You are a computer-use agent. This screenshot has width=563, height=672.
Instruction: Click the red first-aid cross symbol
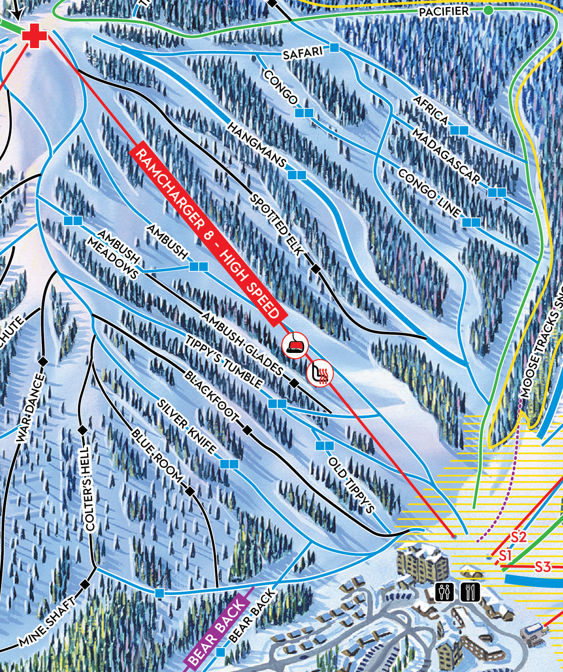click(x=35, y=35)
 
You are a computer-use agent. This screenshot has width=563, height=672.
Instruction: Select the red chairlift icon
click(x=295, y=345)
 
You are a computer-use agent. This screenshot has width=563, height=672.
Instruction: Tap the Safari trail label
click(x=303, y=53)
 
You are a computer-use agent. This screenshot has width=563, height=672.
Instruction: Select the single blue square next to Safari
click(x=334, y=48)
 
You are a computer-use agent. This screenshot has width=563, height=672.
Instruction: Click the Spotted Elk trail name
click(x=277, y=225)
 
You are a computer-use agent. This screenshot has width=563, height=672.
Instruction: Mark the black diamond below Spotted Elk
click(x=315, y=269)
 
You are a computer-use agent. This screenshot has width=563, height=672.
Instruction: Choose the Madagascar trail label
click(x=446, y=157)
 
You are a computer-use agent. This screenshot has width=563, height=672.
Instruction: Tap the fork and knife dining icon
click(x=470, y=592)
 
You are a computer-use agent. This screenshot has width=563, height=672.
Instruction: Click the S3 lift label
click(x=542, y=567)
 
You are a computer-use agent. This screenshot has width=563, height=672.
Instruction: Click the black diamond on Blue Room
click(x=190, y=491)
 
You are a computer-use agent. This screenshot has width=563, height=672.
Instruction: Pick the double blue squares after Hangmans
click(x=297, y=175)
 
